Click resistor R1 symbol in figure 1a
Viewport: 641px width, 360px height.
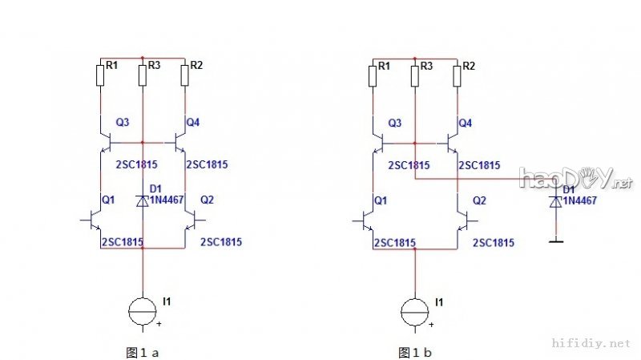coord(101,75)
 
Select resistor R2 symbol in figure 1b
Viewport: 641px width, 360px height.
coord(457,75)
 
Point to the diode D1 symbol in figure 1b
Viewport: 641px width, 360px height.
coord(555,202)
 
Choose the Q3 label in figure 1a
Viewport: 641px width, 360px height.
coord(123,123)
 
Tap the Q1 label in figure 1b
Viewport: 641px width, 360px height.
coord(381,200)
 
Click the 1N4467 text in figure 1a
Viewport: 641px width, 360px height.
coord(167,200)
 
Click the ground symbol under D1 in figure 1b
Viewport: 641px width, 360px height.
coord(555,238)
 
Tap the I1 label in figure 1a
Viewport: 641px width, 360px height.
coord(167,301)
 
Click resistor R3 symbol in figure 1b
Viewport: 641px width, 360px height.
coord(414,75)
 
